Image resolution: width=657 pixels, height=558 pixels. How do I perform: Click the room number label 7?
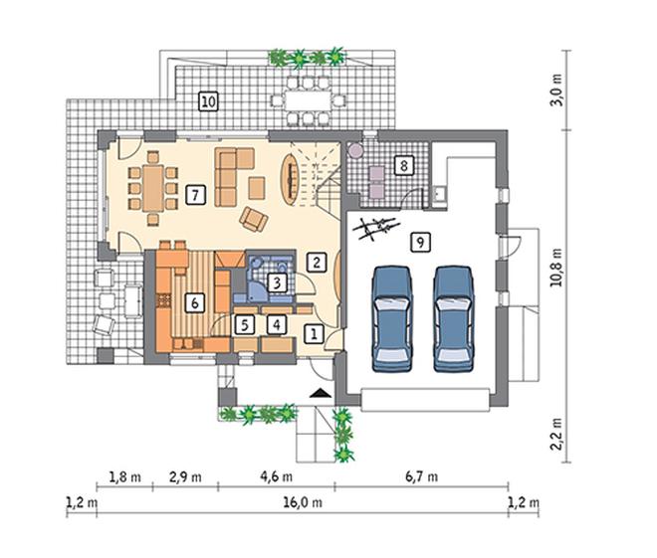195,195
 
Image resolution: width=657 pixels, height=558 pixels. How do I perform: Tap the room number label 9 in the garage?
420,242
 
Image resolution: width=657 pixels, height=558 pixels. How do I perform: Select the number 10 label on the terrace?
208,101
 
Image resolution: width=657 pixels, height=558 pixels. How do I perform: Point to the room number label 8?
403,165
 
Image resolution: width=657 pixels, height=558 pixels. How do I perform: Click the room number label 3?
277,282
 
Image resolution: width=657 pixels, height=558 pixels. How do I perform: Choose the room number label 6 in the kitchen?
195,302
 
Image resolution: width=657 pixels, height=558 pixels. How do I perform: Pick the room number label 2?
317,262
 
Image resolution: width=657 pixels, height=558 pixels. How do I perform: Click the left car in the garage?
392,318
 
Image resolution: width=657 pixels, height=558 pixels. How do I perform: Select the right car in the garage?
454,318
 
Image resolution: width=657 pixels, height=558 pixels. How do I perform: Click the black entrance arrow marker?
321,393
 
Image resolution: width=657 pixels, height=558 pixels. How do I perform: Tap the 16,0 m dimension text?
303,502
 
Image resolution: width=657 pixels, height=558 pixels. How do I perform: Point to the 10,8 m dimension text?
556,268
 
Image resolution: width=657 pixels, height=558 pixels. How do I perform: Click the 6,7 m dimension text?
421,476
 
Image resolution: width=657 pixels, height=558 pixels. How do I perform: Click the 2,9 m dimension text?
185,476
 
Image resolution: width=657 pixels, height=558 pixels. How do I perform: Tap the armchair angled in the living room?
254,219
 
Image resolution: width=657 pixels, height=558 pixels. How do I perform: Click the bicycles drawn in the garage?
374,229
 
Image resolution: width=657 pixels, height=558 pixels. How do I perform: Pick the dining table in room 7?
153,188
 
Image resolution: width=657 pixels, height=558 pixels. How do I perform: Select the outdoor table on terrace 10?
308,100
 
